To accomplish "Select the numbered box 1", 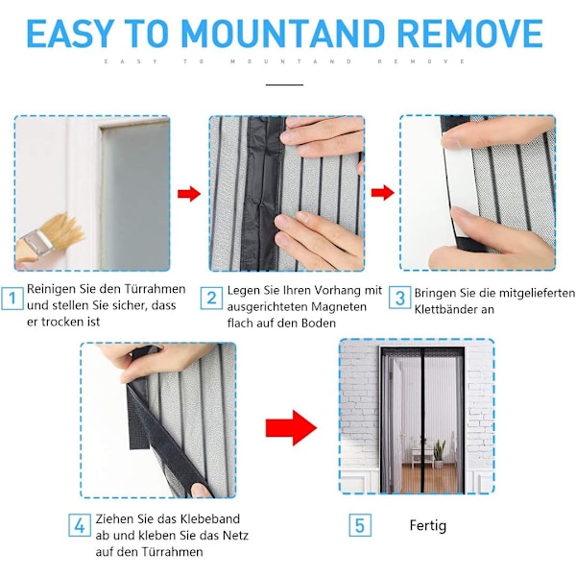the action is coord(12,298).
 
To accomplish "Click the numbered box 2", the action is coord(211,298).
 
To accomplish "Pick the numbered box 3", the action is coord(399,298).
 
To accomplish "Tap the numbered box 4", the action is coord(80,526).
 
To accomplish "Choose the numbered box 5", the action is coord(360,526).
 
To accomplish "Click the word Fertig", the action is coord(428,526).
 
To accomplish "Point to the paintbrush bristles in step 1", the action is coord(69,230).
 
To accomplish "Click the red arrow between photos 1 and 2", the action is coord(189,194).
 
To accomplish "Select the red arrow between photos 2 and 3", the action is coord(382,193).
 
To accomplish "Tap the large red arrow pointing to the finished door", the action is coord(291,428).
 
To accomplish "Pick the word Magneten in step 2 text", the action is coord(339,307).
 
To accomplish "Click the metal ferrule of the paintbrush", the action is coord(39,244).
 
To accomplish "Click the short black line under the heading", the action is coord(285,84).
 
